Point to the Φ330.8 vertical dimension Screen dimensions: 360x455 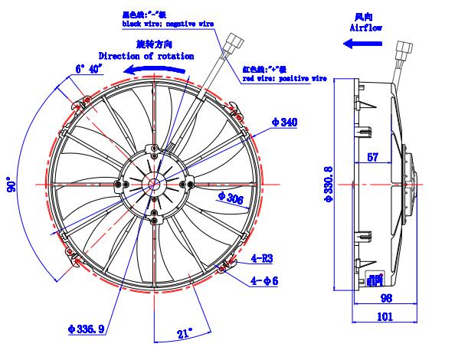pyautogui.click(x=329, y=185)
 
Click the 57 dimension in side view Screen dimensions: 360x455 pyautogui.click(x=372, y=158)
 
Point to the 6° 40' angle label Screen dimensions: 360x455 pyautogui.click(x=89, y=68)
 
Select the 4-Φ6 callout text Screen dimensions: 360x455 pyautogui.click(x=264, y=280)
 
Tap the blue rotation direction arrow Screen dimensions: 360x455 pyautogui.click(x=157, y=70)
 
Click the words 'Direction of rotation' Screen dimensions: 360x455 pyautogui.click(x=145, y=56)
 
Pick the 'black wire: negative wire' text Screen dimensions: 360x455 pyautogui.click(x=166, y=25)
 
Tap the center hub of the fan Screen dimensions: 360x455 pyautogui.click(x=154, y=184)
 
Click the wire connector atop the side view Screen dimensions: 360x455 pyautogui.click(x=401, y=53)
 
